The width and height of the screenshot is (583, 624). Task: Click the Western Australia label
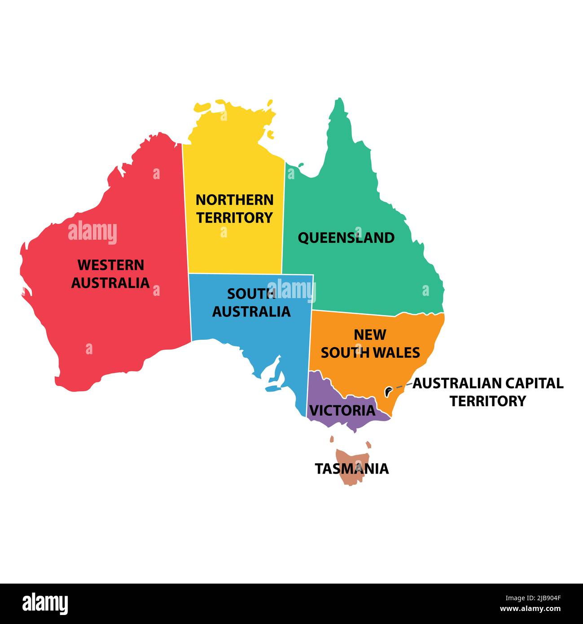[110, 274]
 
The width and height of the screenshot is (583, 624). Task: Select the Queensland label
[346, 237]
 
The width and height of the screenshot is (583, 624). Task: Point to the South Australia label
[251, 303]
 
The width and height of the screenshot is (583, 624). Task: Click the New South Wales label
[370, 343]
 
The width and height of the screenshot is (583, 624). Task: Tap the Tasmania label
[351, 469]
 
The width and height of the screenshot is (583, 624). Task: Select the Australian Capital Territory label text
[488, 392]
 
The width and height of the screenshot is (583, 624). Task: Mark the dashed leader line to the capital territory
[403, 386]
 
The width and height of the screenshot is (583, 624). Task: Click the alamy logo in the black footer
[45, 603]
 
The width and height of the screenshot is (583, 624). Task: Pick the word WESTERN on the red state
[111, 265]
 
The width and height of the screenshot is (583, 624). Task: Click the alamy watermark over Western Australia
[92, 233]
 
